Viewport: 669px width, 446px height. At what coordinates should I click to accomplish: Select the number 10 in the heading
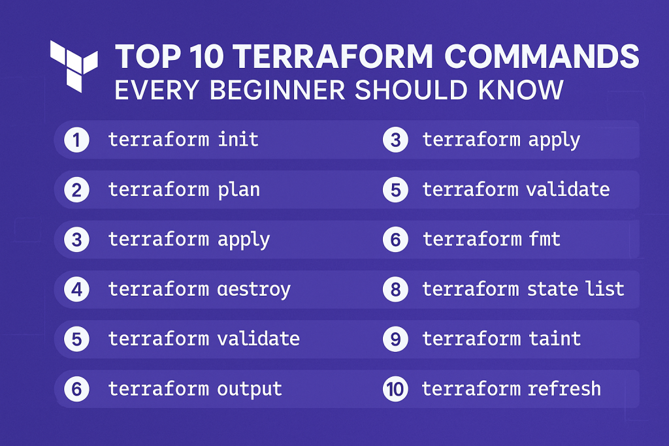pos(194,57)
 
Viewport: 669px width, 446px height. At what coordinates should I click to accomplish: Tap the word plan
pos(238,189)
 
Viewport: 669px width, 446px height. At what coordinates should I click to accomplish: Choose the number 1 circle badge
pos(76,140)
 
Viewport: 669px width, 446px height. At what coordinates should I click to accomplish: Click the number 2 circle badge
pos(76,190)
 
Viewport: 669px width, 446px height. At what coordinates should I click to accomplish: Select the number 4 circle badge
pos(76,289)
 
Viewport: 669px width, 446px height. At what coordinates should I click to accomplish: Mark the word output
pos(249,389)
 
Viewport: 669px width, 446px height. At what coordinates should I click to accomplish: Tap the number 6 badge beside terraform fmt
pos(395,240)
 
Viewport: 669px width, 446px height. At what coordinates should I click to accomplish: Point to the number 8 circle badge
pos(395,289)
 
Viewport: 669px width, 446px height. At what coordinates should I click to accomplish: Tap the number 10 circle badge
pos(395,390)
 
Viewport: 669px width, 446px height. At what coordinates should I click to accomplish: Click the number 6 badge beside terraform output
pos(76,390)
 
